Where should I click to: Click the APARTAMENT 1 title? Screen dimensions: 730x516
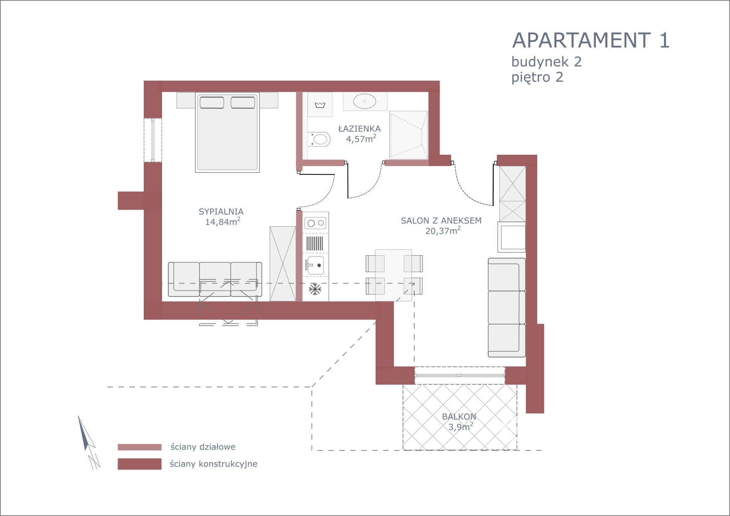click(x=590, y=40)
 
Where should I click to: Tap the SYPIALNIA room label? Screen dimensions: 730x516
click(x=221, y=212)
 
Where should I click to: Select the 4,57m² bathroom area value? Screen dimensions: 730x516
click(x=361, y=139)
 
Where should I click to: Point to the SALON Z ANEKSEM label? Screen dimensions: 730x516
click(x=441, y=220)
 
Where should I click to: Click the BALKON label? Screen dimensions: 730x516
click(x=459, y=416)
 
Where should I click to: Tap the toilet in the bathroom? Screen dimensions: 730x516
click(x=319, y=139)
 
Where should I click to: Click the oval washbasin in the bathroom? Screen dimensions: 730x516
click(x=365, y=101)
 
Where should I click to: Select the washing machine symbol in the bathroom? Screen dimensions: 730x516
click(x=320, y=105)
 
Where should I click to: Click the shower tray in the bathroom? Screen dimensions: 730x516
click(x=408, y=135)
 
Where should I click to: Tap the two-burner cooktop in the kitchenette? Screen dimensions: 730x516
click(x=315, y=223)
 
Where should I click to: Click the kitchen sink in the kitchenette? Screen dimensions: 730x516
click(x=315, y=265)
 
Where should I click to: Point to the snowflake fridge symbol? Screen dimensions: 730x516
click(x=315, y=289)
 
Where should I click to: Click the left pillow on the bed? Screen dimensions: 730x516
click(x=212, y=103)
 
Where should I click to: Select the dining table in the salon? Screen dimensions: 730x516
click(x=393, y=275)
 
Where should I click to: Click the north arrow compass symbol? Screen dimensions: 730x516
click(x=88, y=442)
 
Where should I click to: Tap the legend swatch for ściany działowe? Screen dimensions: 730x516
click(x=140, y=447)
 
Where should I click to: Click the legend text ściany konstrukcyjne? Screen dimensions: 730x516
click(x=214, y=464)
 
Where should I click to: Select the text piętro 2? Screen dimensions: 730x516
click(x=537, y=77)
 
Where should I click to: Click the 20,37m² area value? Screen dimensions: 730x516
click(x=443, y=231)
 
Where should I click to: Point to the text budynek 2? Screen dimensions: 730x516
click(x=546, y=62)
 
